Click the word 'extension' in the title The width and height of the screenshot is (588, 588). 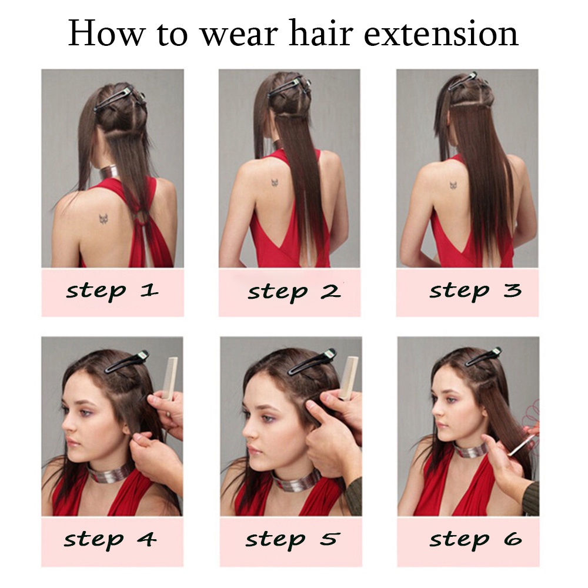tap(441, 34)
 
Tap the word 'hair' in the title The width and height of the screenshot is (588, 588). tap(321, 33)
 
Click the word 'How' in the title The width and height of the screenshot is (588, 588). tap(106, 34)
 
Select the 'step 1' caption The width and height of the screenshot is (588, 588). tap(112, 292)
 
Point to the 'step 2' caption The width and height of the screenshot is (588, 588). tap(294, 292)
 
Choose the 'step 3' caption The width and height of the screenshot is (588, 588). tap(476, 291)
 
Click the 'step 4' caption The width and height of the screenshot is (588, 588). tap(110, 540)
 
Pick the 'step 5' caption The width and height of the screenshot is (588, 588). tap(293, 540)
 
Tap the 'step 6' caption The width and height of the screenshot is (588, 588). tap(476, 540)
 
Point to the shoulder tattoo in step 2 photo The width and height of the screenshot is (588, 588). tap(275, 183)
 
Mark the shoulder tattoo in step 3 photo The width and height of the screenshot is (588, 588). tap(454, 185)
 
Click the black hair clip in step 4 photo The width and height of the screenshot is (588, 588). tap(127, 361)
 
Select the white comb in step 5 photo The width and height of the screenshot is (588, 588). tap(348, 377)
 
